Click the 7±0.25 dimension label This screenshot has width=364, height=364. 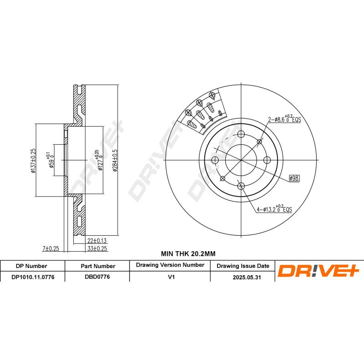51,248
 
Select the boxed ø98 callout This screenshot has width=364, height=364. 294,178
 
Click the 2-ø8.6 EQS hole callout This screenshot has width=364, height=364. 284,119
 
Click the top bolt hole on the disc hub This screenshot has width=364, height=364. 241,134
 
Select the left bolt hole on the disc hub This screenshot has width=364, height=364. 215,160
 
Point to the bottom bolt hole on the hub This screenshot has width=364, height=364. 241,186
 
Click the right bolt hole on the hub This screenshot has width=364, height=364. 268,160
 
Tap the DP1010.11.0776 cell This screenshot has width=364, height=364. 32,276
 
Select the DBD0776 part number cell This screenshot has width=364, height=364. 98,276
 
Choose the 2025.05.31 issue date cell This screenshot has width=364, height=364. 243,276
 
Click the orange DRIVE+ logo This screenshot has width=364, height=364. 318,271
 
